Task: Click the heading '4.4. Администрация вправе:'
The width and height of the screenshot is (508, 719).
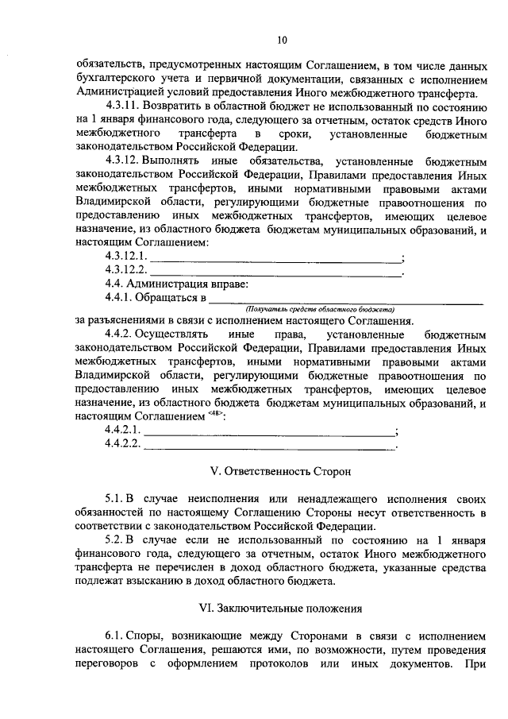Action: coord(178,284)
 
